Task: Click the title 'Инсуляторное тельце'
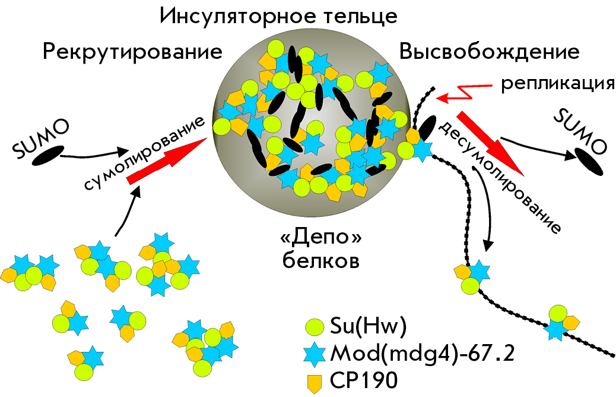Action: point(278,17)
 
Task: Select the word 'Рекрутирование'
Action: point(132,52)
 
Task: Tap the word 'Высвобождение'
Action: point(490,52)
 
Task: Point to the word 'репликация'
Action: point(558,84)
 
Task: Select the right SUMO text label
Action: point(580,132)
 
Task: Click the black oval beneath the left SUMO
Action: point(48,155)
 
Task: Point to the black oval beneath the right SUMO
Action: point(589,162)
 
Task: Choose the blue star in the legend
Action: point(315,352)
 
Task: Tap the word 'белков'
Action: point(321,260)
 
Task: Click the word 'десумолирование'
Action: point(499,177)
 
